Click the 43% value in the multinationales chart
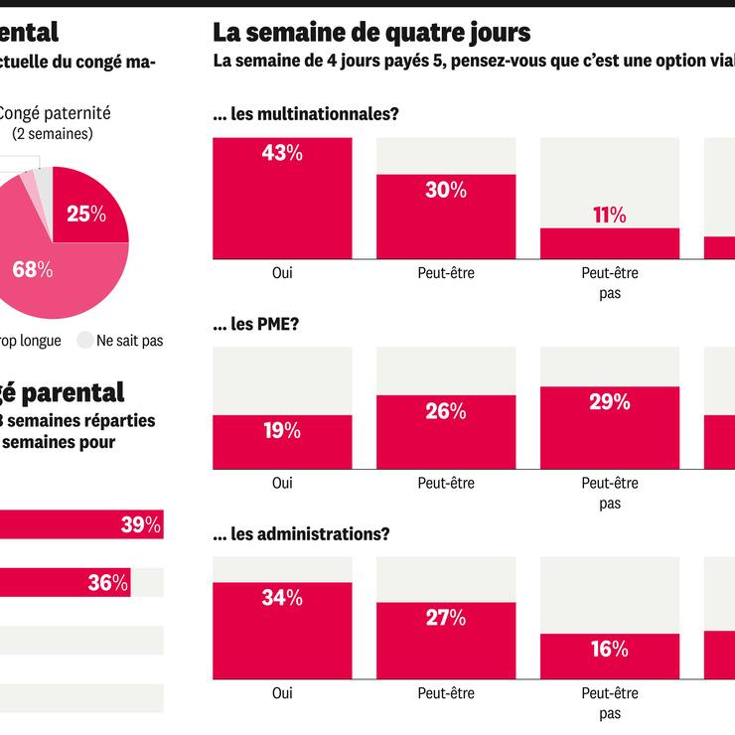282,154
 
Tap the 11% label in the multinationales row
609,216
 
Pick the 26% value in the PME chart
446,411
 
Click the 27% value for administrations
446,618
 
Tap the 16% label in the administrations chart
609,650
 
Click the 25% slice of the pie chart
86,213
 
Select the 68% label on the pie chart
32,269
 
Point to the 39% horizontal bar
79,525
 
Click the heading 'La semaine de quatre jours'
371,33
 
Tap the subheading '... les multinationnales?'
306,114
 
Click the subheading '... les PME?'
255,324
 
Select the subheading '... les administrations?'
301,533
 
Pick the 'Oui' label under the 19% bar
282,483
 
